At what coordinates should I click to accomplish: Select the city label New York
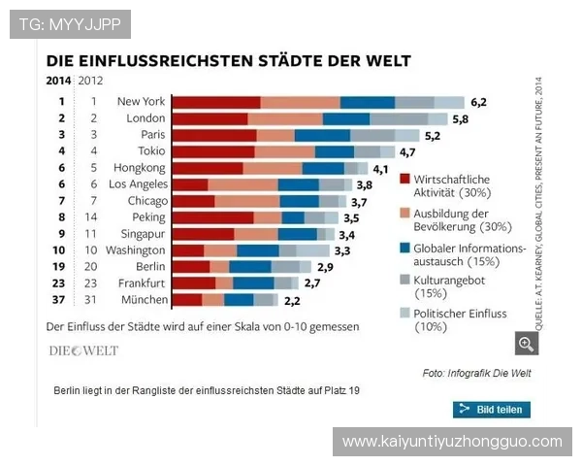142,101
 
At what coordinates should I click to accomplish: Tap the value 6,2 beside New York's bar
478,102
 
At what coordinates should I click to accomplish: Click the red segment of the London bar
210,118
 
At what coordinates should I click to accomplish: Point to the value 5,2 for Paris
433,135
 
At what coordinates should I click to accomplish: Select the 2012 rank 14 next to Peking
93,217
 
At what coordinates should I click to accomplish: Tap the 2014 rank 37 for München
60,300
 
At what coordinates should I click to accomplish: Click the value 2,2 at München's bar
292,300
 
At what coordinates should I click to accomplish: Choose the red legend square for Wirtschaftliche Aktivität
404,180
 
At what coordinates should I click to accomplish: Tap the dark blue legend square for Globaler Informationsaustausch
404,248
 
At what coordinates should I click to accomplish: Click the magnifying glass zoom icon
527,343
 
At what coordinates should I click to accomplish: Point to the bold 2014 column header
59,81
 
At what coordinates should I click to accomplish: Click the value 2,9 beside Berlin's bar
324,267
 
